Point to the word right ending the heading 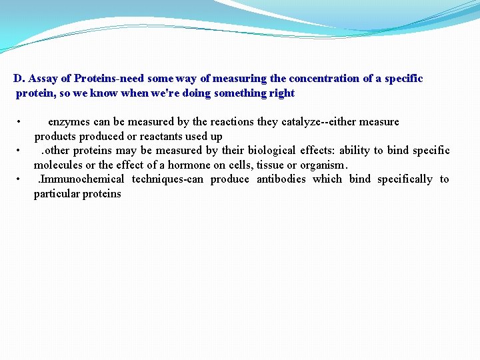tap(282, 93)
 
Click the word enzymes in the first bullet tap(70, 122)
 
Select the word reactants tap(163, 137)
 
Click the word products tap(55, 137)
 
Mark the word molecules tap(58, 165)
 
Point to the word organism tap(323, 165)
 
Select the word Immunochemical tap(81, 179)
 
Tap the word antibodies tap(281, 179)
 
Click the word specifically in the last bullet tap(405, 179)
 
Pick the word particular tap(57, 194)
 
